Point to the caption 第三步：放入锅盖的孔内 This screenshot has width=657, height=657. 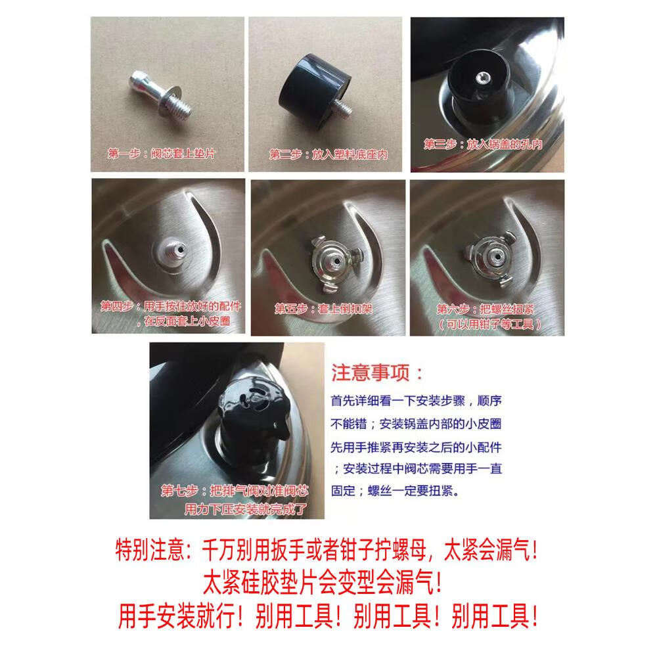pyautogui.click(x=483, y=144)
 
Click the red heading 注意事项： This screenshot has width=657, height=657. pyautogui.click(x=378, y=374)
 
